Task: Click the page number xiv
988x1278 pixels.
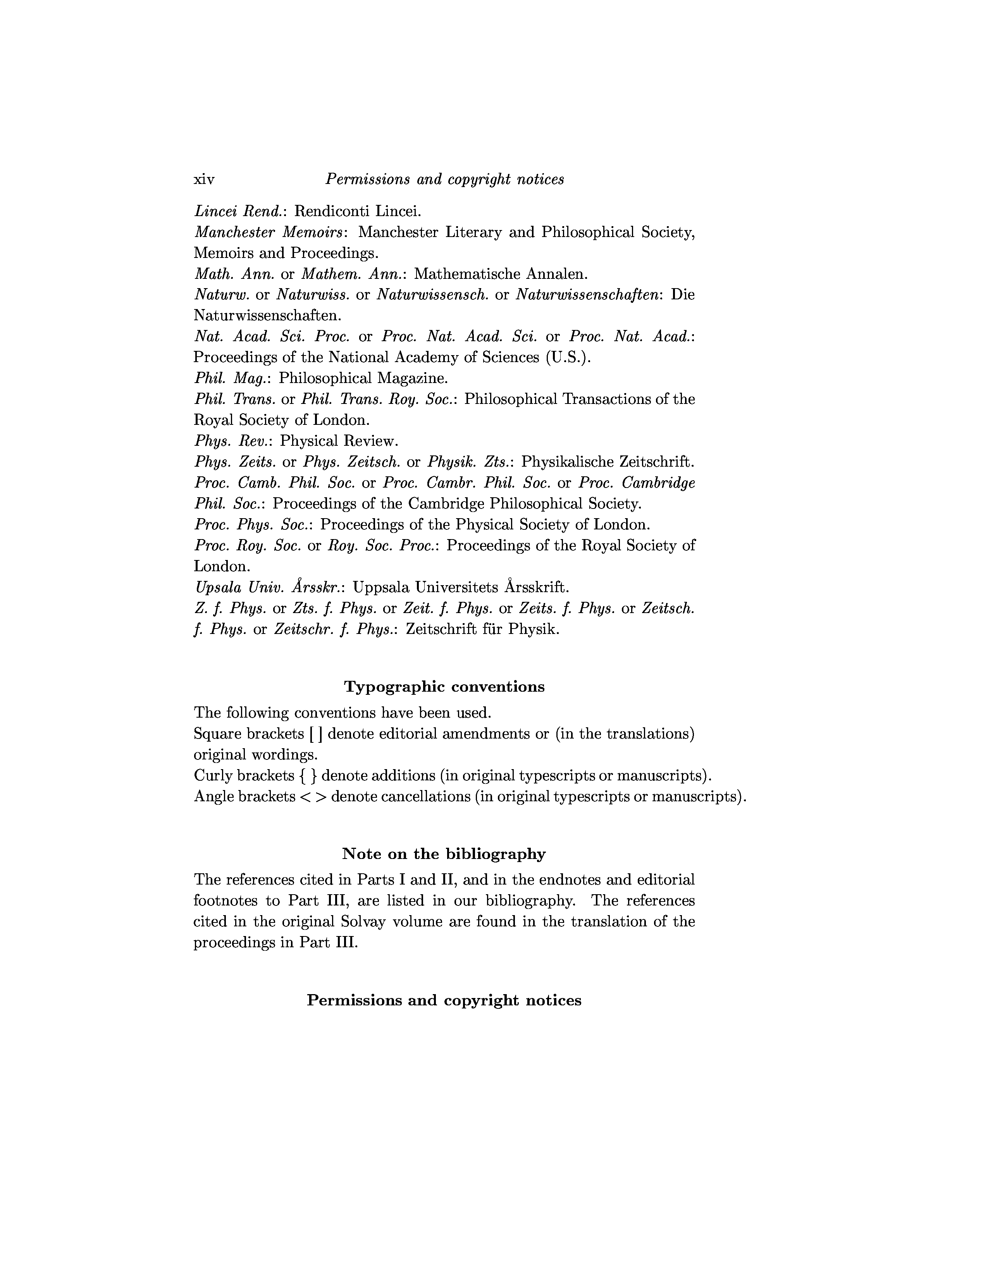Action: click(204, 179)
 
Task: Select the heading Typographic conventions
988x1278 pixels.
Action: click(444, 686)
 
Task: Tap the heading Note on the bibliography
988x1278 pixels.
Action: click(444, 854)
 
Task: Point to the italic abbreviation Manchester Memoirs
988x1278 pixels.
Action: click(269, 232)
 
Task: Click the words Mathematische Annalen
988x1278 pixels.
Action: click(501, 274)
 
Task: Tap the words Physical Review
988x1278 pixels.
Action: click(339, 441)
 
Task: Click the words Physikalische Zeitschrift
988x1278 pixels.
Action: click(607, 462)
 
